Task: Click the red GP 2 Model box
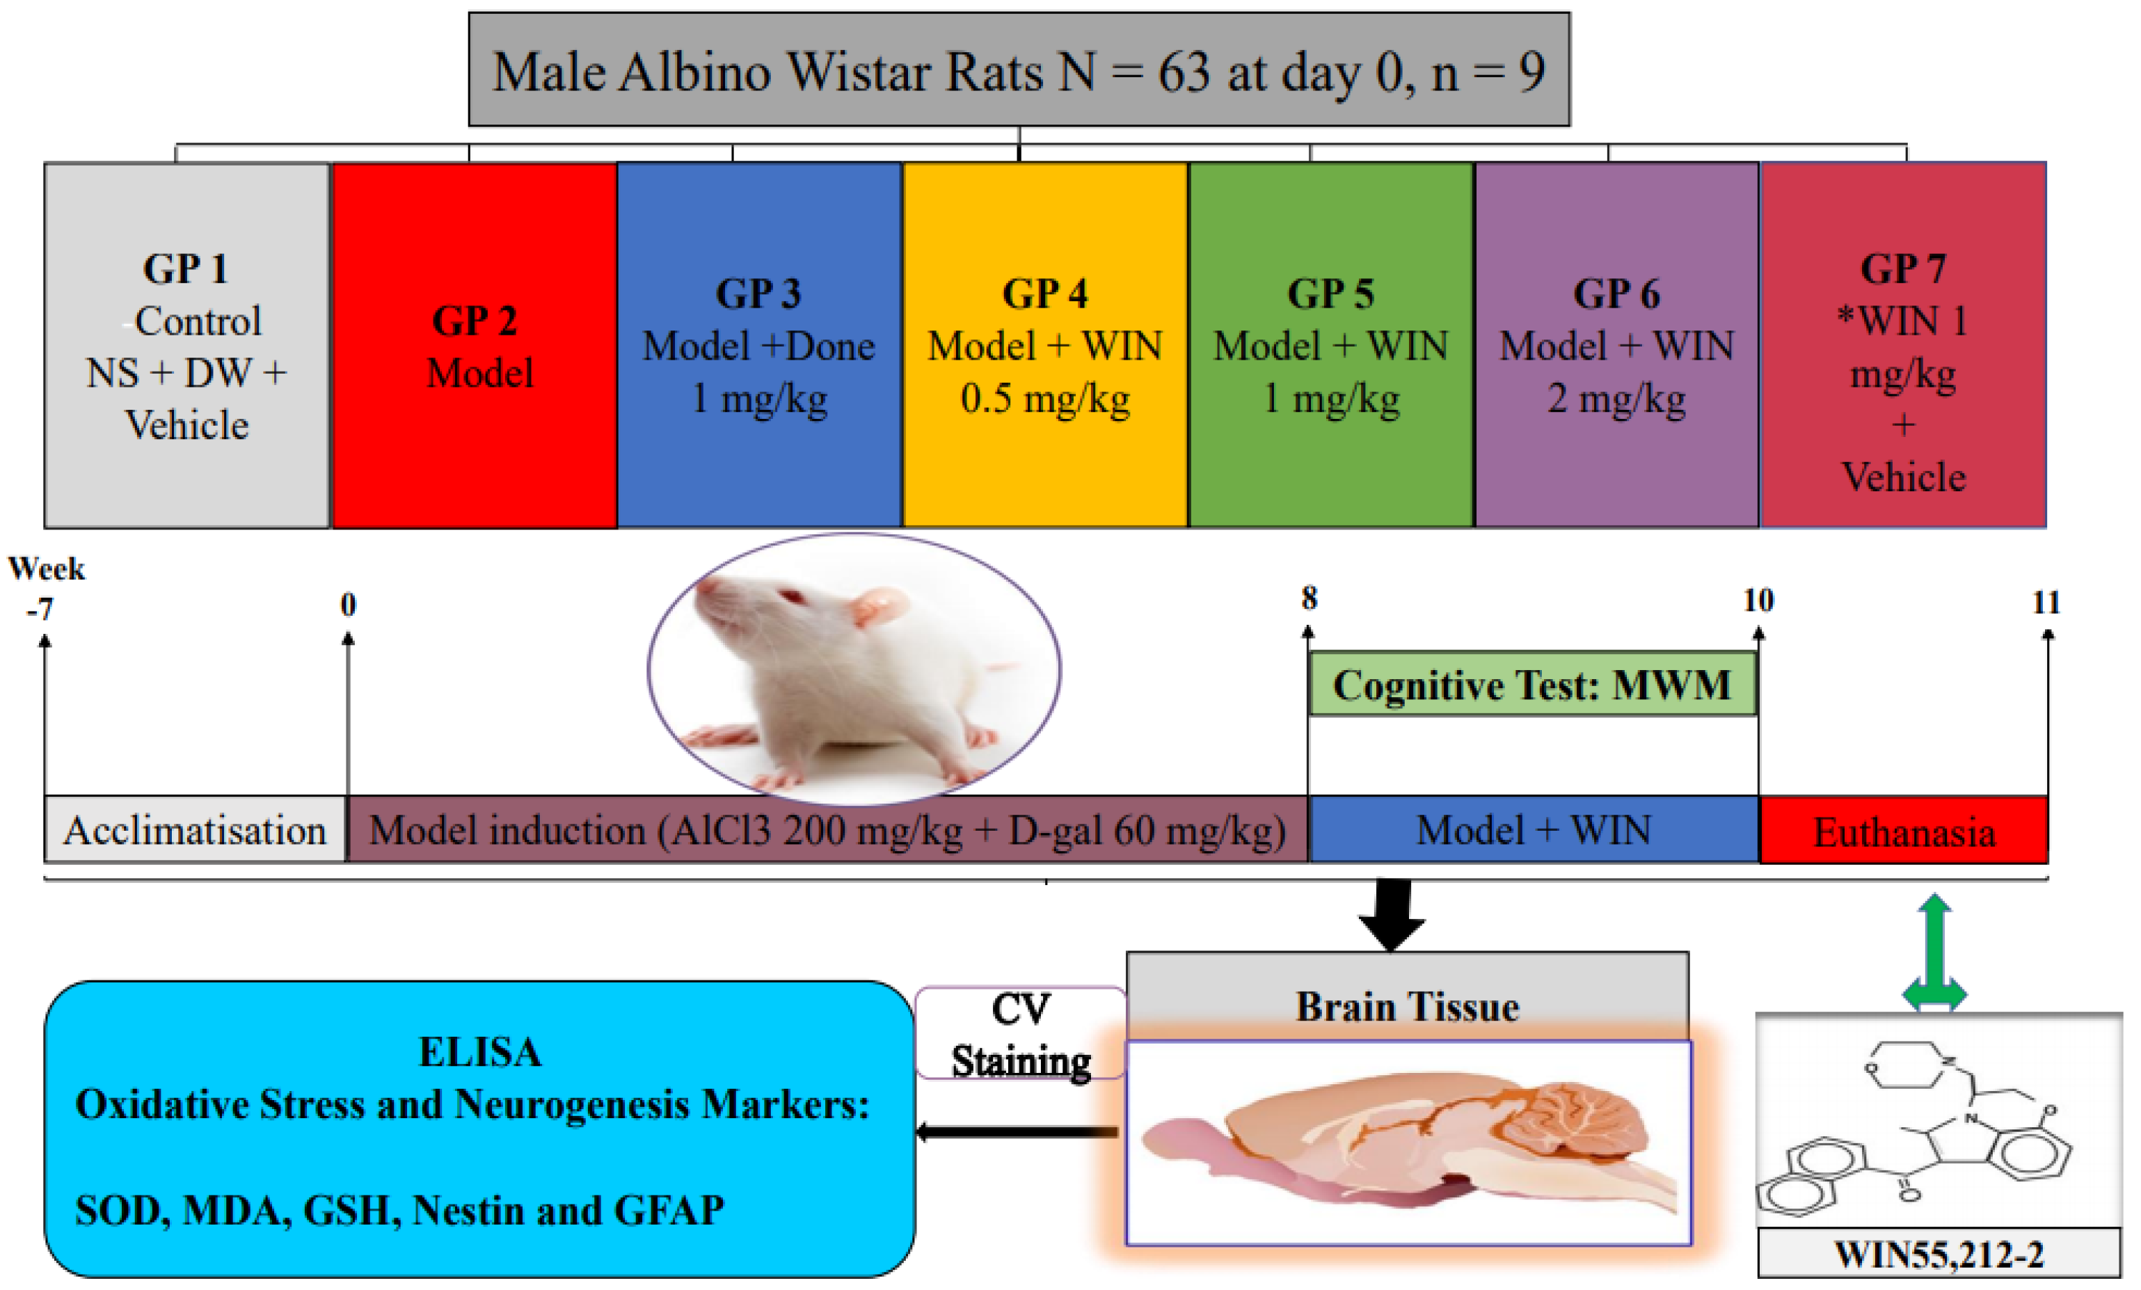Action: pos(475,346)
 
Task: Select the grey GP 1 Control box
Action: pos(186,346)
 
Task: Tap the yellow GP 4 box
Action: pos(1045,346)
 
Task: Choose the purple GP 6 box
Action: pos(1616,346)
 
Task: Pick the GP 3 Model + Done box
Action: pos(758,346)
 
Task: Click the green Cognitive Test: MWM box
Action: pos(1532,685)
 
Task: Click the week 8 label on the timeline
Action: pos(1309,598)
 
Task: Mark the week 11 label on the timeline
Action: pos(2046,602)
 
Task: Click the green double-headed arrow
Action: pos(1934,953)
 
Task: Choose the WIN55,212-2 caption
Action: pos(1939,1255)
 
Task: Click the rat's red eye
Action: pos(790,597)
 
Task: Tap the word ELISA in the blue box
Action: pos(479,1052)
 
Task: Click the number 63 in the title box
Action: pos(1184,71)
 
